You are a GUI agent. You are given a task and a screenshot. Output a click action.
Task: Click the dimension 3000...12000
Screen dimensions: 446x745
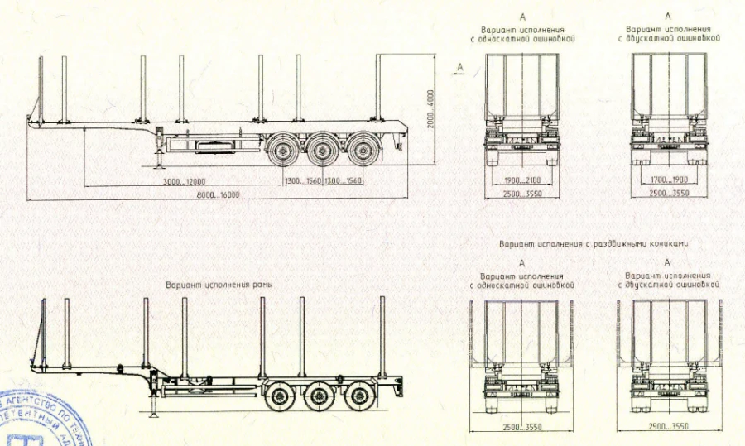pyautogui.click(x=184, y=180)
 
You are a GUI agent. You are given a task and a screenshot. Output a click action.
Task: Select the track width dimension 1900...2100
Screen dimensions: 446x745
pyautogui.click(x=521, y=180)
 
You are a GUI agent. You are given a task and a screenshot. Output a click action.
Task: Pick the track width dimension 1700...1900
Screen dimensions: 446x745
pyautogui.click(x=668, y=180)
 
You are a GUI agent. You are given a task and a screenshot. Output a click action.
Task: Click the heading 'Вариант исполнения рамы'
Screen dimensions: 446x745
pyautogui.click(x=219, y=285)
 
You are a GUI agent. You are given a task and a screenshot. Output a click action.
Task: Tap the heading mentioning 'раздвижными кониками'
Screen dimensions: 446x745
pyautogui.click(x=594, y=244)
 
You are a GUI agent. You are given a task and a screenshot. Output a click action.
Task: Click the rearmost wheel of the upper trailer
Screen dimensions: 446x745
pyautogui.click(x=361, y=151)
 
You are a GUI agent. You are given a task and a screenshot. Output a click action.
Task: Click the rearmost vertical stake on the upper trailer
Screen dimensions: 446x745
pyautogui.click(x=378, y=88)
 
